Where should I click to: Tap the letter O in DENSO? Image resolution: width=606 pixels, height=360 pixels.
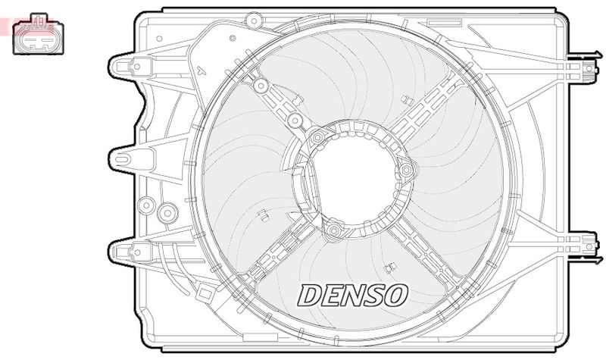[x=396, y=294]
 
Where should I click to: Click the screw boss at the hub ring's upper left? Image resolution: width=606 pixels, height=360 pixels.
[x=318, y=137]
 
